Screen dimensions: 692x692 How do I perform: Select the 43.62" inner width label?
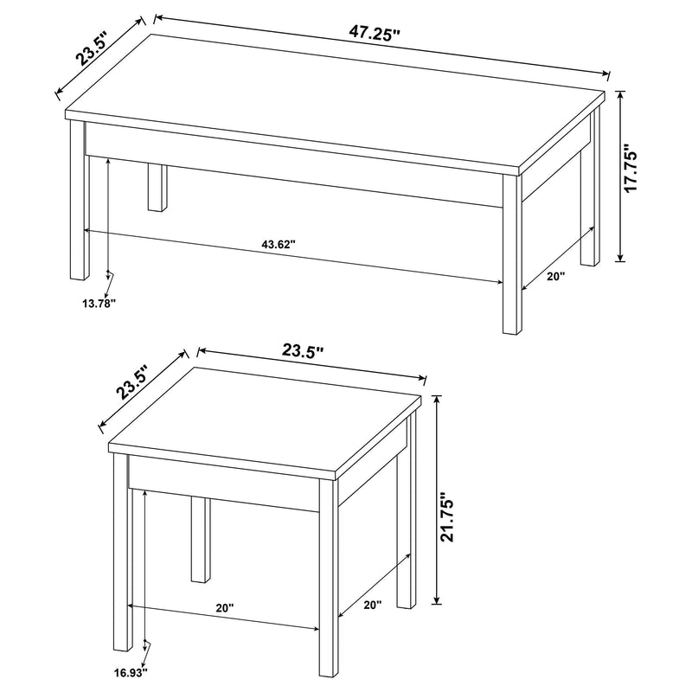[279, 245]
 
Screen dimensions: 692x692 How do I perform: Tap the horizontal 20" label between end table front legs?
[224, 608]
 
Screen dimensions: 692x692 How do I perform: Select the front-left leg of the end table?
[122, 571]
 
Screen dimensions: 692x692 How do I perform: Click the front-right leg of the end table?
[327, 588]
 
